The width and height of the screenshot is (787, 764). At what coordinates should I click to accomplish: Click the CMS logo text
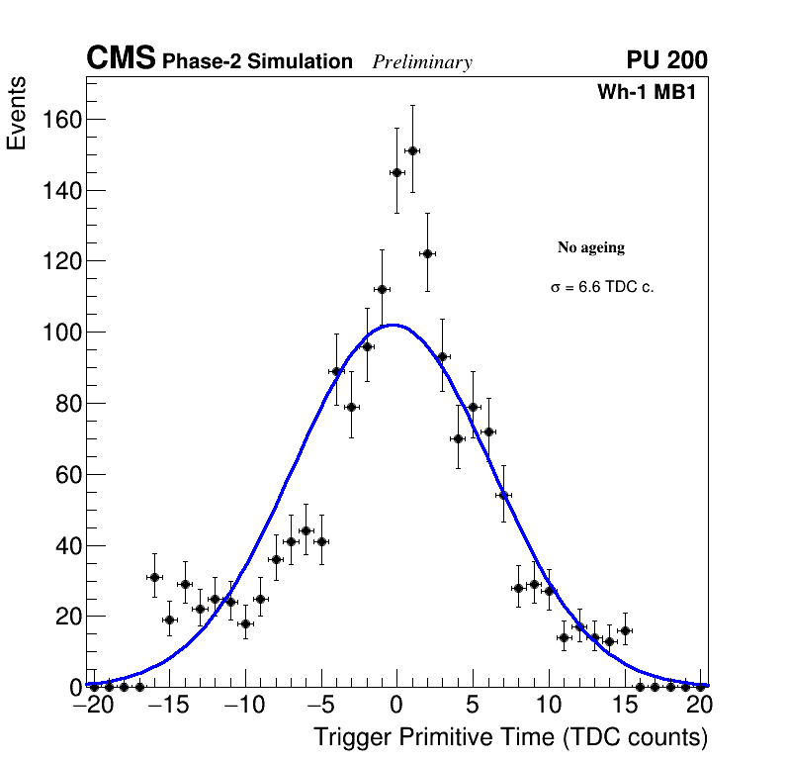click(121, 59)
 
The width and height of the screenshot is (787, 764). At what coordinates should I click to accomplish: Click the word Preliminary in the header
click(422, 62)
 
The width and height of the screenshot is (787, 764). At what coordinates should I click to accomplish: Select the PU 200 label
click(666, 60)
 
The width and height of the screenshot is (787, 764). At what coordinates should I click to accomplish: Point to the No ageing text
click(591, 247)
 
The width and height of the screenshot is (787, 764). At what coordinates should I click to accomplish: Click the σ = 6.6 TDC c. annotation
click(602, 288)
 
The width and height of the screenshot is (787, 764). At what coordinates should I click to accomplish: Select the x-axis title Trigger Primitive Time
click(510, 737)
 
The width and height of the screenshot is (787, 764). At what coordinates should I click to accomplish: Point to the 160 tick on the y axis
click(60, 120)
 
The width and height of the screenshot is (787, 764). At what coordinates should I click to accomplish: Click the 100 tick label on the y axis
click(60, 333)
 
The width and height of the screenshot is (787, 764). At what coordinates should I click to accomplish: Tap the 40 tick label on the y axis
click(65, 545)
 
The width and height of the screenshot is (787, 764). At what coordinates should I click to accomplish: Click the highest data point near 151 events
click(412, 150)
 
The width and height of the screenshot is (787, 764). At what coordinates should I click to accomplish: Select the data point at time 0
click(396, 172)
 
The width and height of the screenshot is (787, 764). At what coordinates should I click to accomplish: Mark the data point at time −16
click(154, 577)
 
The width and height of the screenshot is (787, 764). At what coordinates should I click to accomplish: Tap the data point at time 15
click(625, 630)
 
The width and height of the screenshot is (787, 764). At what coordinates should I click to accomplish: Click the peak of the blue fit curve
click(393, 325)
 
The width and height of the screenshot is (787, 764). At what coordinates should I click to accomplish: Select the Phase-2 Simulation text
click(257, 62)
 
